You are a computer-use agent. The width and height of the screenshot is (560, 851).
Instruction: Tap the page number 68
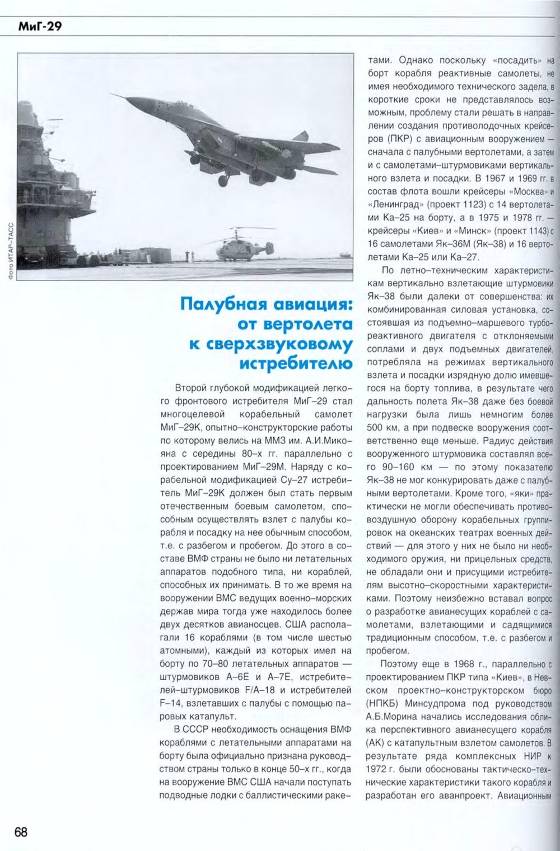[21, 831]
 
